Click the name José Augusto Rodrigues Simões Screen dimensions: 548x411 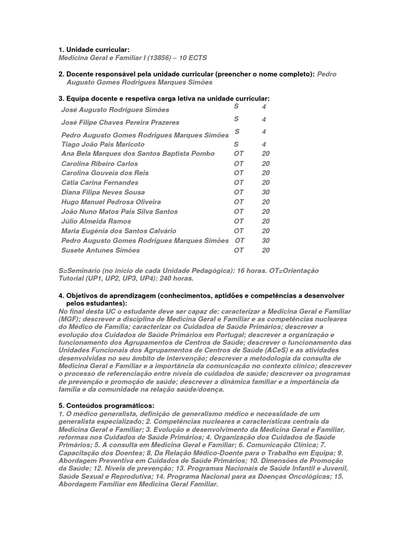116,110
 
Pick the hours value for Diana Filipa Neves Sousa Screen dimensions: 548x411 265,192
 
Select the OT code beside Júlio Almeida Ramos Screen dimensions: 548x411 239,221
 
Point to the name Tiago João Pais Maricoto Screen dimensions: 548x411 103,144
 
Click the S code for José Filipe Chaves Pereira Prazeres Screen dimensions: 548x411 236,119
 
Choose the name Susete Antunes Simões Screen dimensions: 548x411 101,250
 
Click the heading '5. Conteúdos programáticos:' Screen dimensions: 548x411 106,406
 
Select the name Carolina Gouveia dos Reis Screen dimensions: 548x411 105,173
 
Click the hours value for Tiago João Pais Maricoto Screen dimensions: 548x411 264,144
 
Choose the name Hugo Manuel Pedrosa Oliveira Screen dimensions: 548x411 111,202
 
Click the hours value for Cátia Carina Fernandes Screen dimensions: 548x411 265,182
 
